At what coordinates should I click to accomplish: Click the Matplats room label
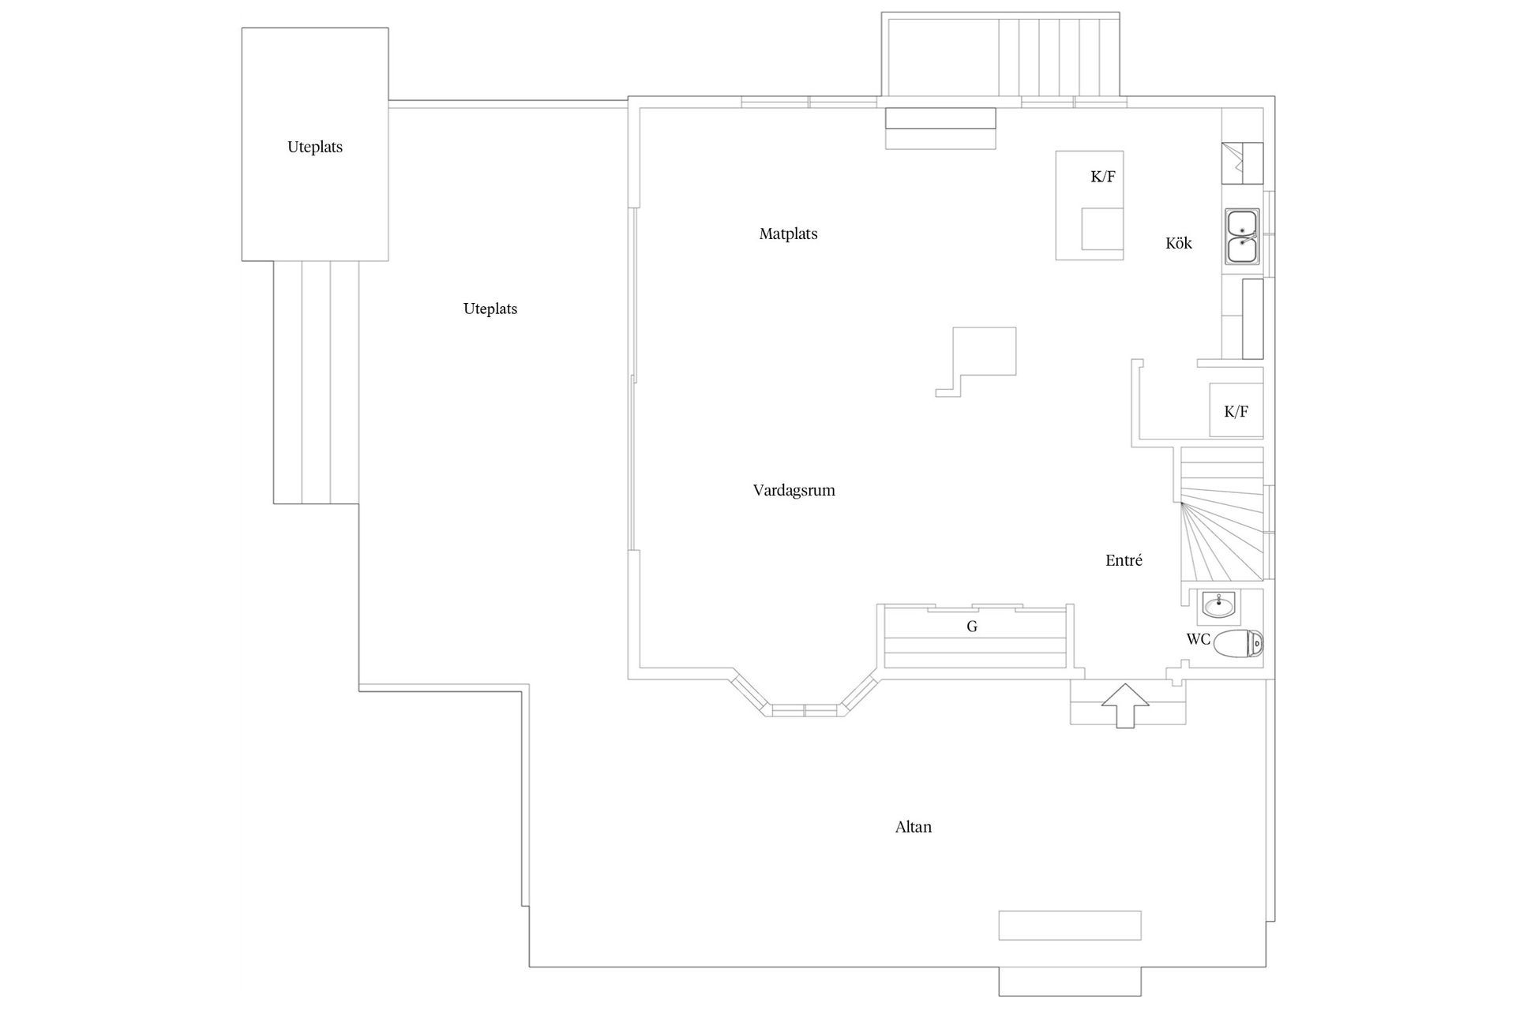click(x=788, y=234)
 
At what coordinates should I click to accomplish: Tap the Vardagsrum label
click(x=794, y=491)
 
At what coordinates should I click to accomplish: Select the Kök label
click(x=1179, y=243)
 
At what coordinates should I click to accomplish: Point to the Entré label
click(x=1124, y=560)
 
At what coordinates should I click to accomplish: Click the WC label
click(x=1199, y=639)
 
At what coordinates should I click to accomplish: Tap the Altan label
click(x=914, y=827)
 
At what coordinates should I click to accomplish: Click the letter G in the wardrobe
click(x=972, y=627)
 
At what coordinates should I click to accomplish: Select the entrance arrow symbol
click(x=1124, y=706)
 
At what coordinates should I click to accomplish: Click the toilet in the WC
click(x=1238, y=644)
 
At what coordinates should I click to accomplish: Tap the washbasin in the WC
click(x=1221, y=606)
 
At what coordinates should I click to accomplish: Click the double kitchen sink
click(x=1243, y=237)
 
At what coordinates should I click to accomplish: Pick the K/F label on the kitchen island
click(x=1103, y=177)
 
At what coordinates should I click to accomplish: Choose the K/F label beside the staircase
click(x=1236, y=411)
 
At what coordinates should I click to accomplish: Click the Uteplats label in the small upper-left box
click(x=315, y=147)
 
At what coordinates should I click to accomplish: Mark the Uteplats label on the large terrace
click(x=490, y=309)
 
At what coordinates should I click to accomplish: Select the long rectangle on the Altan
click(x=1070, y=926)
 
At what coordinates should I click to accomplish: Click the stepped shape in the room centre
click(x=977, y=361)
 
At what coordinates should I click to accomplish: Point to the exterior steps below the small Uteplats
click(x=316, y=382)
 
